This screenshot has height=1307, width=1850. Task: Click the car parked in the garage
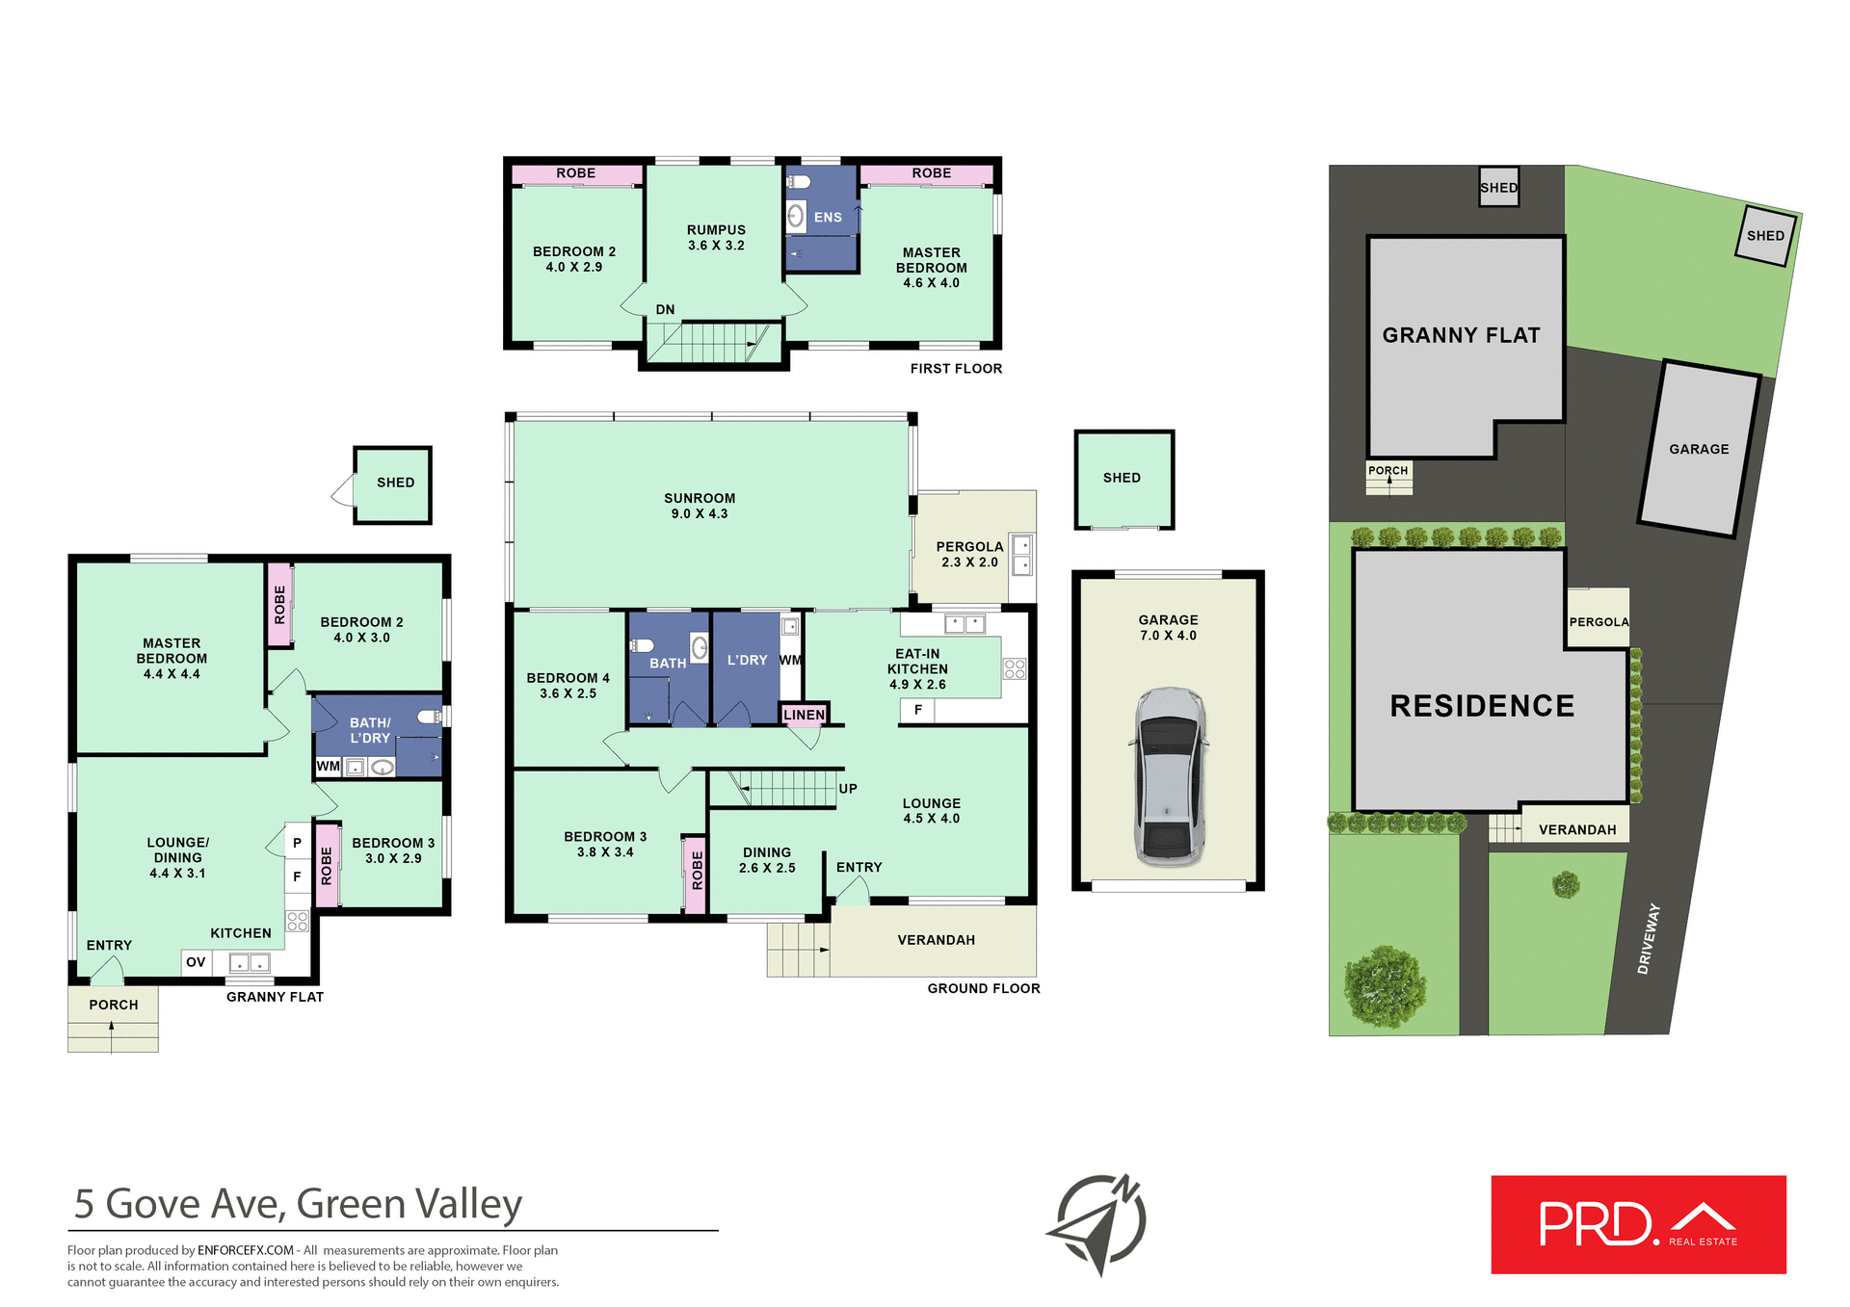(x=1169, y=776)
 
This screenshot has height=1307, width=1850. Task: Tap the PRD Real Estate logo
(x=1638, y=1224)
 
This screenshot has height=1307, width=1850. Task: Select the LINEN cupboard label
(x=804, y=715)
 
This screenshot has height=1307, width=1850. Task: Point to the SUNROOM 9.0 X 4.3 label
(x=700, y=506)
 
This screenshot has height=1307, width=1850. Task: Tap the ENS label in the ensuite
(x=828, y=218)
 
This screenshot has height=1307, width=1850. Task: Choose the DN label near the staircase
(x=665, y=309)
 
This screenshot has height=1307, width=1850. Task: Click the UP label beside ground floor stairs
(x=848, y=788)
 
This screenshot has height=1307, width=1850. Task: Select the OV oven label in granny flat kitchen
(x=196, y=961)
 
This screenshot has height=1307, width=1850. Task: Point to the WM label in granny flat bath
(x=328, y=766)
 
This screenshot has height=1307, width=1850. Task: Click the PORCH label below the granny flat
(x=114, y=1005)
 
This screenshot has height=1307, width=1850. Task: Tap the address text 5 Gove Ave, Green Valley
(x=299, y=1204)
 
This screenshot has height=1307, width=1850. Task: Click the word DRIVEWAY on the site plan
(x=1649, y=938)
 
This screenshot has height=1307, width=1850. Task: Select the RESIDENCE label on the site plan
(x=1482, y=706)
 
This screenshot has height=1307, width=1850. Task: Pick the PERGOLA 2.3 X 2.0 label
(x=969, y=554)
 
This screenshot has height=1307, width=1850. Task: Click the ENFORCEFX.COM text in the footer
(x=246, y=1250)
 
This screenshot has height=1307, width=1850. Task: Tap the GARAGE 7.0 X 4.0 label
(x=1168, y=627)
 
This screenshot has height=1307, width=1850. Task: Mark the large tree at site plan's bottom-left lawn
(x=1386, y=986)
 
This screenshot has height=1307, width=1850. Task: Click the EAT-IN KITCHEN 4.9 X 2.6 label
(x=917, y=668)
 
